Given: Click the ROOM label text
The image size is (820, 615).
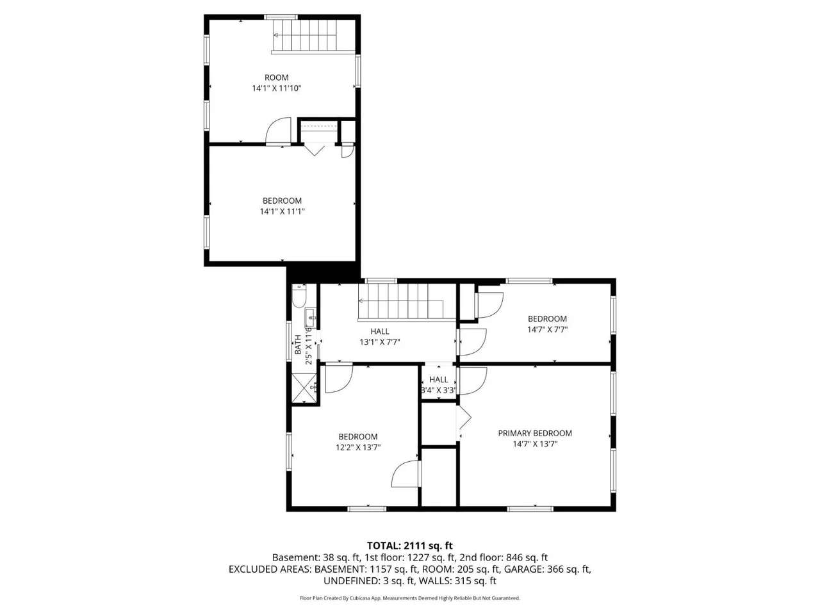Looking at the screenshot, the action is (x=276, y=78).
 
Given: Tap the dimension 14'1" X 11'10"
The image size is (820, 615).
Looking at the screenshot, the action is (x=276, y=88).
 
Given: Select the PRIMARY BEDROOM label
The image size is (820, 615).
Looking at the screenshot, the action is (x=534, y=433).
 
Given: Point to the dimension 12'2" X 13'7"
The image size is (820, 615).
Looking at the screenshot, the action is (x=358, y=447).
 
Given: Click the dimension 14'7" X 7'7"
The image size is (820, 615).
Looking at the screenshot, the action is (x=547, y=330).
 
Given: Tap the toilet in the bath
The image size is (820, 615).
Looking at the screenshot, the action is (x=299, y=295).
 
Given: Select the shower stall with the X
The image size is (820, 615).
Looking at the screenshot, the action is (x=304, y=388).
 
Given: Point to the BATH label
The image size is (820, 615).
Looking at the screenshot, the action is (x=298, y=345).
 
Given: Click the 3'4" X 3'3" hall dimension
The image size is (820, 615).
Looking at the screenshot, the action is (x=439, y=391).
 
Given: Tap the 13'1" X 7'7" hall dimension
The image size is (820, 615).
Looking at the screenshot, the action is (x=379, y=342).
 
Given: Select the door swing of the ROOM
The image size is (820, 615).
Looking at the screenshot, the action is (x=278, y=131).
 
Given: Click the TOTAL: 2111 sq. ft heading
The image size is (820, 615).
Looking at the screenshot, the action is (x=410, y=546).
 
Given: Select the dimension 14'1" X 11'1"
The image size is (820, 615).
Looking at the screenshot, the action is (x=282, y=211).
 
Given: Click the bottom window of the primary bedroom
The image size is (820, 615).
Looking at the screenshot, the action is (x=530, y=509).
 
